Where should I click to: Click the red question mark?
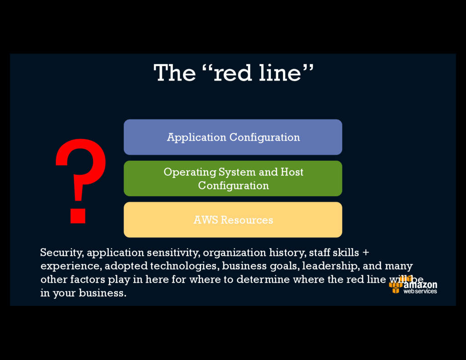click(81, 173)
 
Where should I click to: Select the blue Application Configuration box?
click(233, 137)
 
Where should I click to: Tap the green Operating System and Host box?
click(233, 178)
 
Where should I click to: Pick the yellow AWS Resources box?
click(233, 220)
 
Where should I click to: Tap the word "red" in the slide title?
click(233, 73)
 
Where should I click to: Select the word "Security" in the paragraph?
click(61, 253)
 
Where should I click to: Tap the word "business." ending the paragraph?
click(102, 293)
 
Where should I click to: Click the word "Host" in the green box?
click(292, 172)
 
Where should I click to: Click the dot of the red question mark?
click(78, 215)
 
